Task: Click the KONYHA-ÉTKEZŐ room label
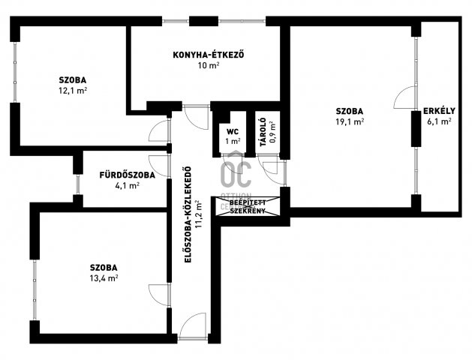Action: pos(209,55)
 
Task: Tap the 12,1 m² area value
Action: pos(73,91)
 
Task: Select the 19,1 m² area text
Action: pos(350,121)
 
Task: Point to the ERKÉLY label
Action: pos(439,111)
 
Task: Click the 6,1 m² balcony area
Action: pos(439,121)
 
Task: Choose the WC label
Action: pos(233,131)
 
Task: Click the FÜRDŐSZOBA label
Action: pos(128,175)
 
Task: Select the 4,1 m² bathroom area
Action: pos(128,185)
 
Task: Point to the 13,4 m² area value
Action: pos(104,278)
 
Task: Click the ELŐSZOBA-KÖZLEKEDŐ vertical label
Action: pos(188,214)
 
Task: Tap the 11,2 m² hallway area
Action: pos(198,214)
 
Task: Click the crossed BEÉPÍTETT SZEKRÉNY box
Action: pos(248,206)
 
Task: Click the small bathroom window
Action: pos(77,184)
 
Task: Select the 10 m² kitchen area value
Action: pos(209,65)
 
